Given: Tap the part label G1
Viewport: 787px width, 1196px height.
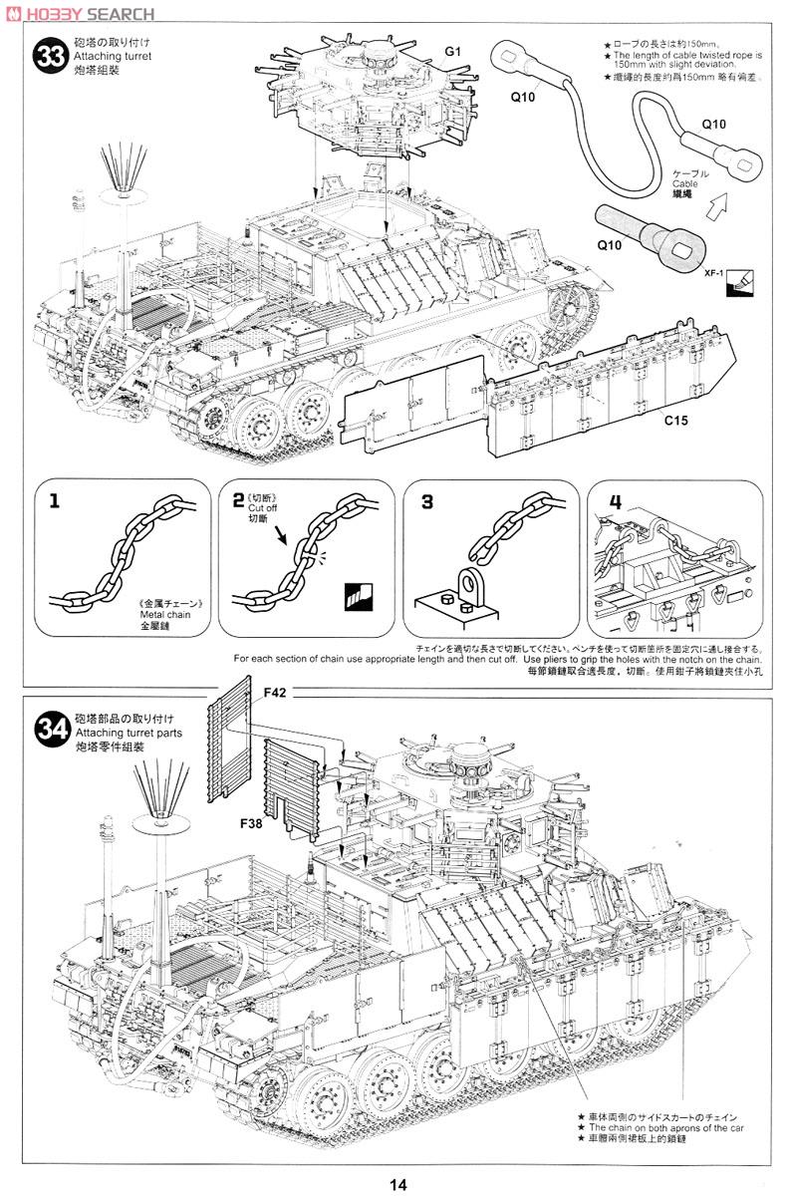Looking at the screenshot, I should click(453, 51).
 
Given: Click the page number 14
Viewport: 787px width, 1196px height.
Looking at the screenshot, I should click(398, 1184).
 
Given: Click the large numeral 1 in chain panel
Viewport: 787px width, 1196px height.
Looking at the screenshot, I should click(54, 501).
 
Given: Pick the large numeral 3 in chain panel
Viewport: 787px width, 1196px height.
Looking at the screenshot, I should click(427, 502).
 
